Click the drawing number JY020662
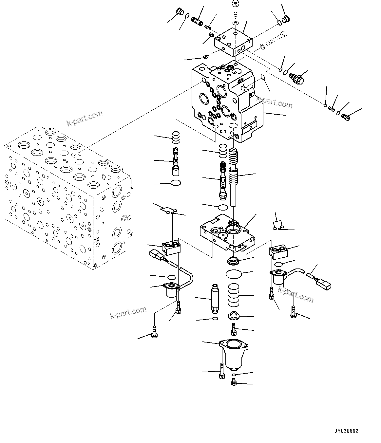[x=346, y=431]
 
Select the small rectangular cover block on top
[x=233, y=42]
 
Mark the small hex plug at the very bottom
[x=234, y=382]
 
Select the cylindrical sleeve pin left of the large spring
[x=215, y=299]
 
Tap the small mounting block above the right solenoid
[x=278, y=251]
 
